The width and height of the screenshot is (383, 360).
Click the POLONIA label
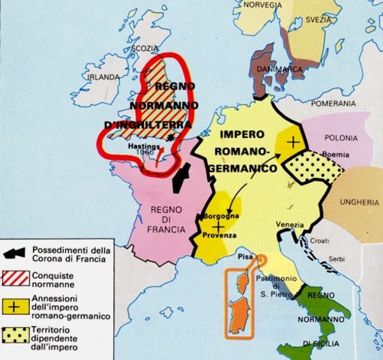pyautogui.click(x=342, y=139)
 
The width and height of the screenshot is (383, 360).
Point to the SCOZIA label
pyautogui.click(x=145, y=49)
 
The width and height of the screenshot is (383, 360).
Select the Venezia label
pyautogui.click(x=289, y=226)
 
